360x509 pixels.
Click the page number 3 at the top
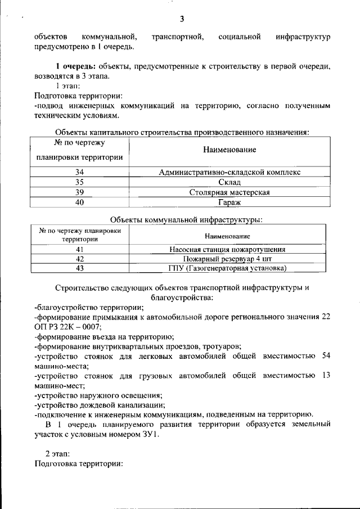click(x=182, y=19)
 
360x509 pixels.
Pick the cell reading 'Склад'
click(x=230, y=182)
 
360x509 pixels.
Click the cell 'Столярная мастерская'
click(x=230, y=192)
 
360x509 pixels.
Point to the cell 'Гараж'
click(x=230, y=202)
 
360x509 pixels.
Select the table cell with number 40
click(x=79, y=202)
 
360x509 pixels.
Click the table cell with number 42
click(x=79, y=259)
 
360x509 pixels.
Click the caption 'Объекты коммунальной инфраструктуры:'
click(x=182, y=219)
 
